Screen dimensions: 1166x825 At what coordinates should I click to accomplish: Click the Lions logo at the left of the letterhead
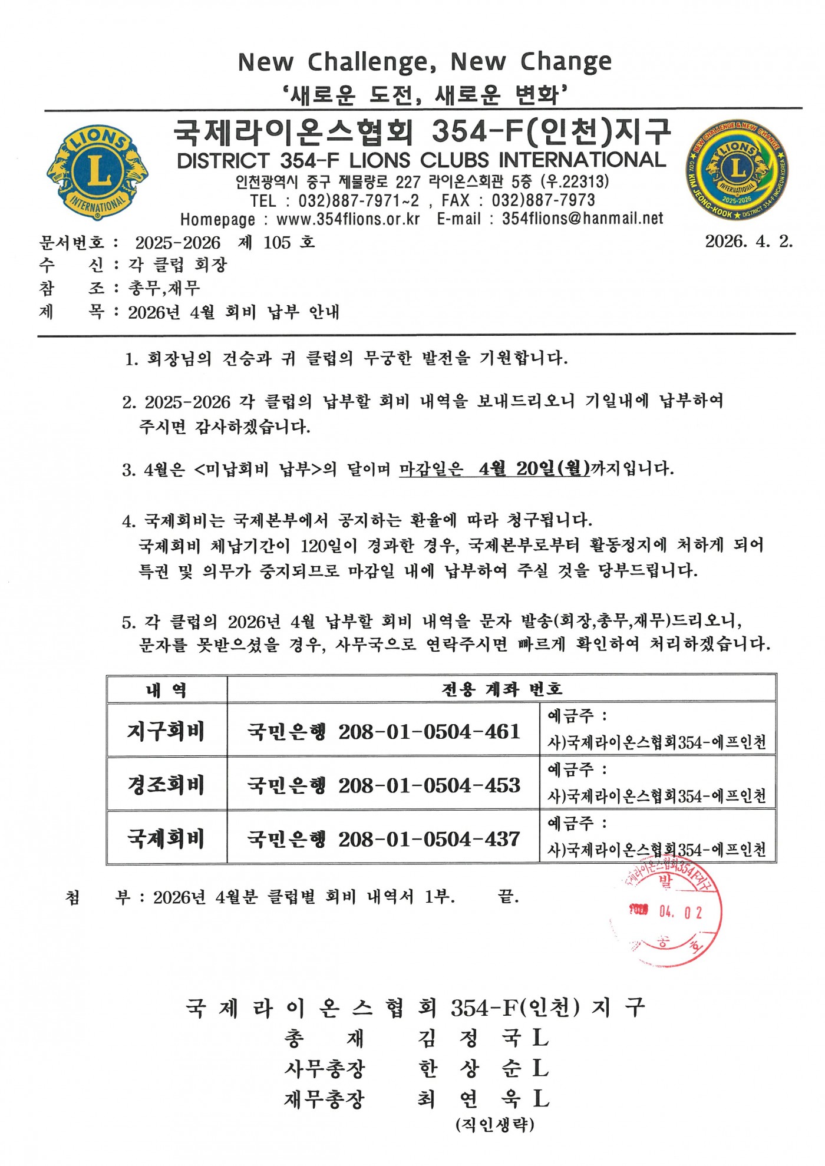97,171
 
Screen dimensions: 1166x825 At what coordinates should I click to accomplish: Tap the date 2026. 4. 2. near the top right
748,242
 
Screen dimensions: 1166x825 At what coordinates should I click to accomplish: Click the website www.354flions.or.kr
348,219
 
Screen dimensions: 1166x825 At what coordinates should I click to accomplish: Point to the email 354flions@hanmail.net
582,219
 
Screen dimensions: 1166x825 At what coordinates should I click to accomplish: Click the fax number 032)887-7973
543,200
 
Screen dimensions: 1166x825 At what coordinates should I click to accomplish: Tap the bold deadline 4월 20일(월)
534,469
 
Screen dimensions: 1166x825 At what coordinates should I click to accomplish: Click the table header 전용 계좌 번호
502,689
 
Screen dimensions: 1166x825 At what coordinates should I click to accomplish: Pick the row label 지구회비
166,731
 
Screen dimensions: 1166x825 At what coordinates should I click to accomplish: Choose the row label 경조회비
166,785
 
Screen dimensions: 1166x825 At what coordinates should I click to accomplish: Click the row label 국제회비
166,838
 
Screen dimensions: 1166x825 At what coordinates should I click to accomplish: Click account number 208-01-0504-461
429,732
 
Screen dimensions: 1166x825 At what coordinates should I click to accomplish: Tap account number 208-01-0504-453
429,785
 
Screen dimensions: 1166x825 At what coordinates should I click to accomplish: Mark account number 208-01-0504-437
429,839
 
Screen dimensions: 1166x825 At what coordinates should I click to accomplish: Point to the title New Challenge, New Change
424,61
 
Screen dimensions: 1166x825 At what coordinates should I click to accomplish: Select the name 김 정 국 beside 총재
468,1038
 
